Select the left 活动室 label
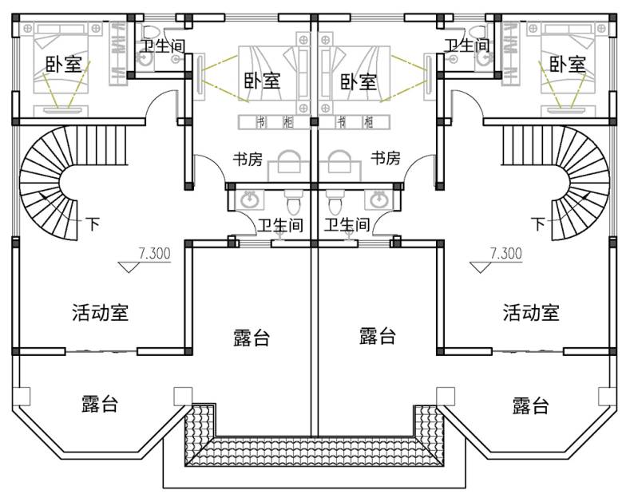point(100,312)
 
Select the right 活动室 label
point(530,312)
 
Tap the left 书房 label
point(248,159)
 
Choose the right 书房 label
point(386,159)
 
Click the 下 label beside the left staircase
point(93,224)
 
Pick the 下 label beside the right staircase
point(537,224)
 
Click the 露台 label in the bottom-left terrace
point(100,404)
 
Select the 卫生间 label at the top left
point(162,46)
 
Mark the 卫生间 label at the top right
point(466,46)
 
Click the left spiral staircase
point(52,184)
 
